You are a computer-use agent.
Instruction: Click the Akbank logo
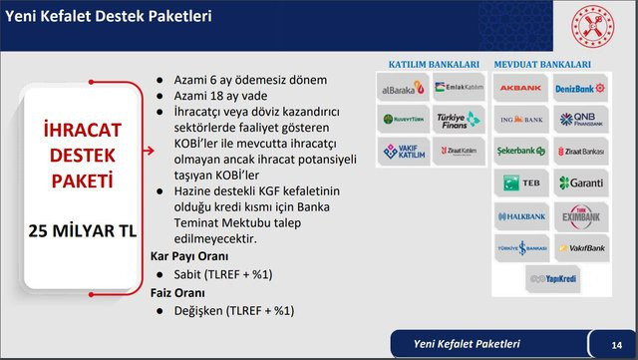tap(520, 88)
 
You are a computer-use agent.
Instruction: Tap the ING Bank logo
tap(520, 120)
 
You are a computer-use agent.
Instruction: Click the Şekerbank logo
tap(520, 152)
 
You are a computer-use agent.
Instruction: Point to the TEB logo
tap(520, 183)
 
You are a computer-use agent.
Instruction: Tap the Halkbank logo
tap(520, 214)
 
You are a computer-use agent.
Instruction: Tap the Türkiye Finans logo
tap(460, 120)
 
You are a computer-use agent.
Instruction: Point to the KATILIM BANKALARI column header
tap(431, 63)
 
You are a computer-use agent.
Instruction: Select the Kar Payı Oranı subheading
tap(182, 255)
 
